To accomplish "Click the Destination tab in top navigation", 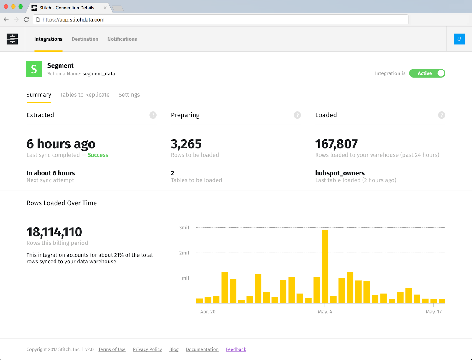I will pos(85,39).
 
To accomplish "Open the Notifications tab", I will pos(122,39).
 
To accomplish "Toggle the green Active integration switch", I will pos(427,73).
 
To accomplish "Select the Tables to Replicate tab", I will pos(85,95).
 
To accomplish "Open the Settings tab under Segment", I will pos(129,95).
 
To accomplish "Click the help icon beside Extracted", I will pos(153,115).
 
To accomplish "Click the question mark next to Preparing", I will pos(297,115).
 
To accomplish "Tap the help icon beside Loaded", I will pos(441,115).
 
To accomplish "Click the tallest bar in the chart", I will pos(325,265).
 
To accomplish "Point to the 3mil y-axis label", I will pos(184,228).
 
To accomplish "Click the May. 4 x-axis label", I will pos(325,312).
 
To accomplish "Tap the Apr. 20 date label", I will pos(208,312).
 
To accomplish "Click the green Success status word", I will pos(98,155).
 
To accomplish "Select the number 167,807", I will pos(336,144).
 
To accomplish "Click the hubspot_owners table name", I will pos(340,173).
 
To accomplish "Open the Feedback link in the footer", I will pos(236,349).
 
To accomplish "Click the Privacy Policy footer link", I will pos(147,349).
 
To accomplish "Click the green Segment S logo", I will pos(34,69).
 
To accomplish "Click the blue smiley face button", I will pos(459,39).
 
